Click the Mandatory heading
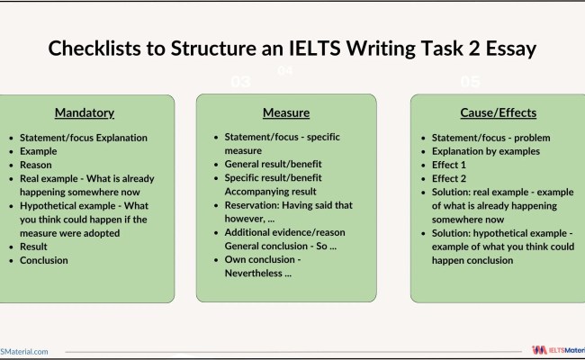click(85, 113)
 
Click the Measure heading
click(286, 113)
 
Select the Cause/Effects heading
click(498, 113)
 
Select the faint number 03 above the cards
click(240, 82)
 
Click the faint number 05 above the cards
click(470, 82)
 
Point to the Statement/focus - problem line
click(490, 138)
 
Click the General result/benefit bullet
click(273, 165)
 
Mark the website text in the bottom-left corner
click(24, 351)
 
